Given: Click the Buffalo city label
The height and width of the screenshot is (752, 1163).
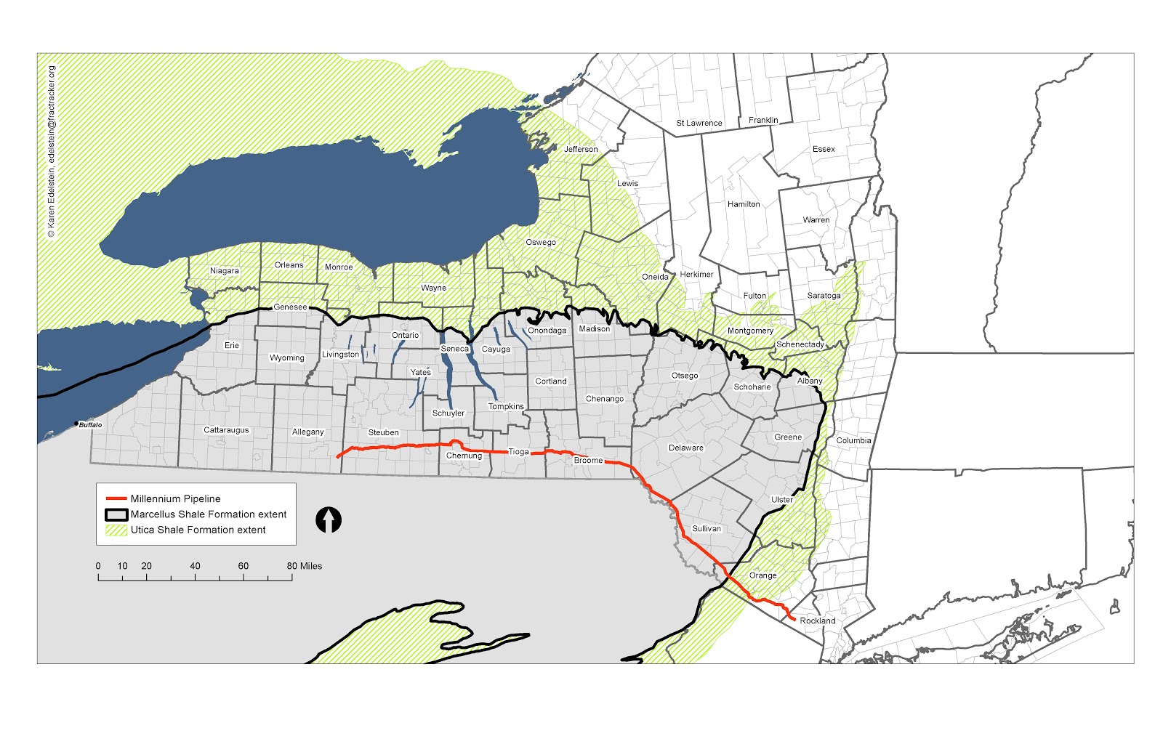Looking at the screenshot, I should click(90, 425).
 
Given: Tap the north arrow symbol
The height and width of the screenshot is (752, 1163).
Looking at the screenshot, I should click(329, 520).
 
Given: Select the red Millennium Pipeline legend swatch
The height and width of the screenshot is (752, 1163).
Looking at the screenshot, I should click(116, 499).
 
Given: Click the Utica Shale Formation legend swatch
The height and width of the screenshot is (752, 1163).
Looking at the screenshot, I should click(116, 530).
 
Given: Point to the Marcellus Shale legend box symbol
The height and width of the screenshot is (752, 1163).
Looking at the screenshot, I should click(116, 514).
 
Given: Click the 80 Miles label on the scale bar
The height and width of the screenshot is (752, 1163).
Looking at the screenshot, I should click(305, 566).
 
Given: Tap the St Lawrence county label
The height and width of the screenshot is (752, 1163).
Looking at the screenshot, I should click(699, 124).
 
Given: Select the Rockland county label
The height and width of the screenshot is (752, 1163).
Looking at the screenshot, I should click(818, 621).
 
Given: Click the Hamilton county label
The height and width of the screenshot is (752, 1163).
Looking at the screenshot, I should click(744, 205).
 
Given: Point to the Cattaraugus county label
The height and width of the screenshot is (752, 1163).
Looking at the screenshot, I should click(226, 431).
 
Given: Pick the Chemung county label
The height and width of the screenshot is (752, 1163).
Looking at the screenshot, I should click(464, 456).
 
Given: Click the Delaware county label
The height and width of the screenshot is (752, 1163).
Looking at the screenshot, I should click(686, 448).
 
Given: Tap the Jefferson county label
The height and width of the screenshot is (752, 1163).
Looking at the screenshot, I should click(581, 150).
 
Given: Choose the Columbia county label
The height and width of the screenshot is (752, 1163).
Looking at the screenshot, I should click(853, 441).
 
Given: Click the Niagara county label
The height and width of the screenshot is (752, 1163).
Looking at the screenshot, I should click(224, 271).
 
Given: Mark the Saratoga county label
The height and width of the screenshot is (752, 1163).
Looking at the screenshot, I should click(824, 296).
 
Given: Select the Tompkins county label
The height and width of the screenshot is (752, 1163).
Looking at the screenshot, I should click(506, 407).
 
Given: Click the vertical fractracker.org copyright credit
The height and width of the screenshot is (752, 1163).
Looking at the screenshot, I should click(51, 152).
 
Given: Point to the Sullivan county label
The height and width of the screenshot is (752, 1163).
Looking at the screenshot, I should click(707, 529).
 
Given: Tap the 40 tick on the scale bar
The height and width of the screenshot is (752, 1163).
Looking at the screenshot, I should click(195, 566).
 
